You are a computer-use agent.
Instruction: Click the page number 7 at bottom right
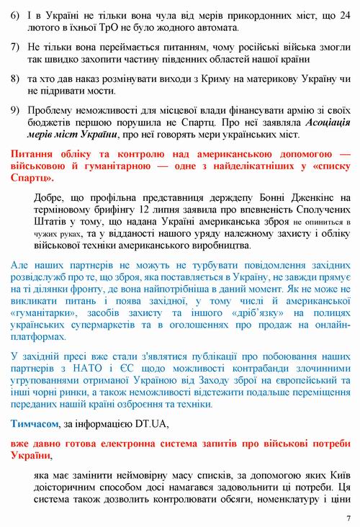tap(348, 517)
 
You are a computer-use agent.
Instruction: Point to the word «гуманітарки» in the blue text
tap(40, 314)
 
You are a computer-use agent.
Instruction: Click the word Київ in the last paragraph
tap(339, 474)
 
